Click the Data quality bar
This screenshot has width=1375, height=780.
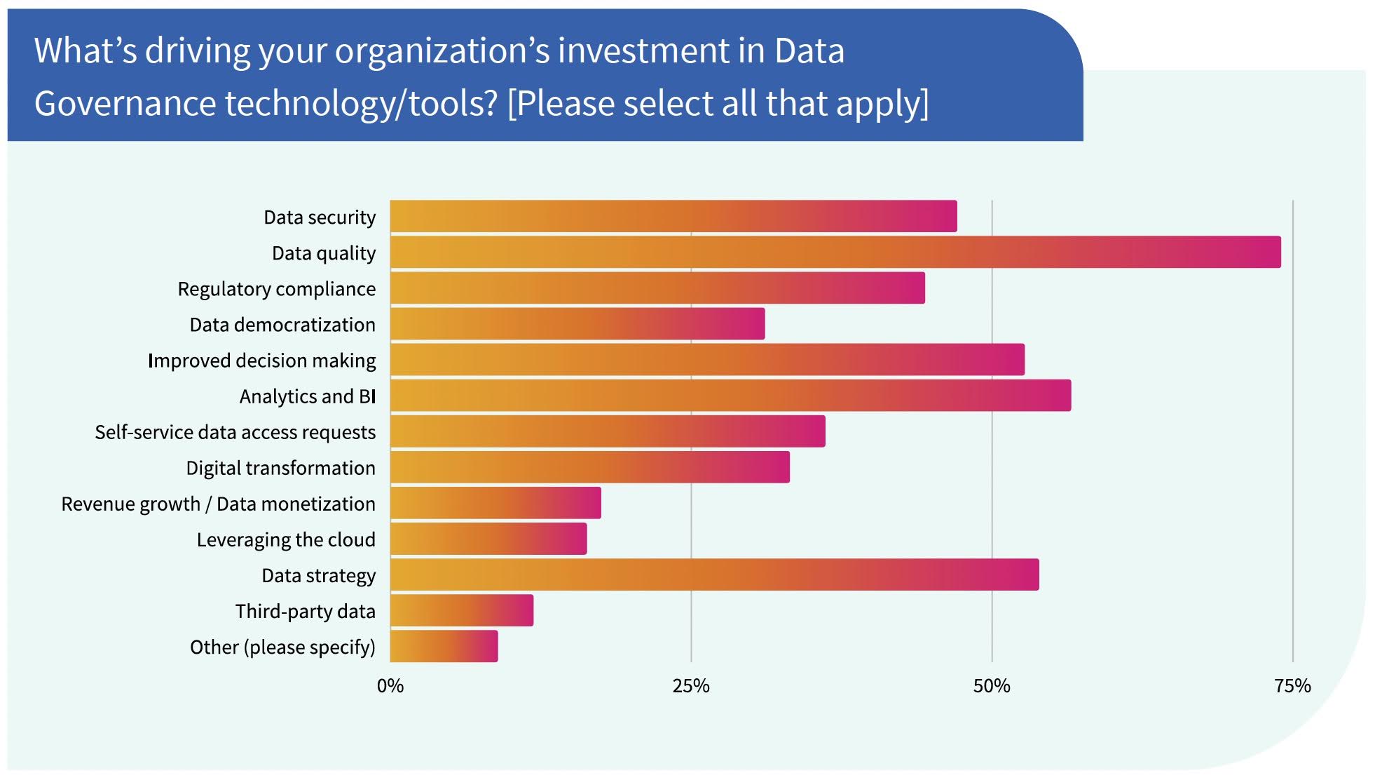835,253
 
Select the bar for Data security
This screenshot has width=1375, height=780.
673,216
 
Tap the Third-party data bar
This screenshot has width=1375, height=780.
462,610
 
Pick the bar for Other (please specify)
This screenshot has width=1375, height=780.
444,646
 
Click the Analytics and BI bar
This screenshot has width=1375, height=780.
730,396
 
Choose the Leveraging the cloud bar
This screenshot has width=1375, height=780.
488,539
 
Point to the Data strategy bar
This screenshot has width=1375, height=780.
714,574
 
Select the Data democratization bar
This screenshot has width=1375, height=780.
577,324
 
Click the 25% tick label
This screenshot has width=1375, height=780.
691,686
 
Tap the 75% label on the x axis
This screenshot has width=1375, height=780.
1292,686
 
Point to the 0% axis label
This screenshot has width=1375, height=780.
390,686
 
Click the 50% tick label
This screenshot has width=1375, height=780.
992,686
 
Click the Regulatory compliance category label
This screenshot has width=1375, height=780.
276,289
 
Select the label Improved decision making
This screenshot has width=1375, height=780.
261,361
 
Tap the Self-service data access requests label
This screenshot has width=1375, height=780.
235,432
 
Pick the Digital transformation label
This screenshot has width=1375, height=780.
280,468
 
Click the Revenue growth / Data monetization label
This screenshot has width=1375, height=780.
218,504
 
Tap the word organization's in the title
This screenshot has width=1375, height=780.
442,52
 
